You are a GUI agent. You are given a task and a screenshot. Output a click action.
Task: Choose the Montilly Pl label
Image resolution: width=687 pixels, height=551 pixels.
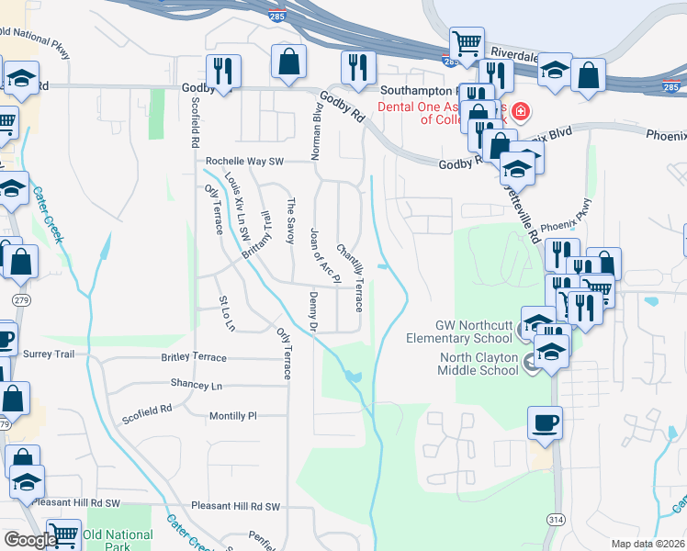tap(232, 416)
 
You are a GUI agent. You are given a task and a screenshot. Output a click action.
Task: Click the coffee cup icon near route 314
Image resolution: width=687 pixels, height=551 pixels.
tap(545, 423)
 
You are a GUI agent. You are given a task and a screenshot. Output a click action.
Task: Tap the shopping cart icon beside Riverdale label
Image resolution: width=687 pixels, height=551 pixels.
tap(467, 42)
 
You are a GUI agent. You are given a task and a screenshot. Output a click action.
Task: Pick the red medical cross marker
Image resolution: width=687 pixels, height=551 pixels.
tap(521, 112)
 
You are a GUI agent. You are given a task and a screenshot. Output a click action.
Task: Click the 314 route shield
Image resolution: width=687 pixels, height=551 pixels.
tap(555, 520)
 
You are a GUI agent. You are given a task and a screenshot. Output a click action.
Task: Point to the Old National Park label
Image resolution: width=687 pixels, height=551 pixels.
tap(118, 540)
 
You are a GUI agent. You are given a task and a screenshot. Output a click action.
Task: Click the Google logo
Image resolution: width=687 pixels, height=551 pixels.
tap(29, 540)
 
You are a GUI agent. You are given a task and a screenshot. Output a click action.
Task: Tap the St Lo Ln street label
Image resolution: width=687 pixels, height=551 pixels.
tap(227, 313)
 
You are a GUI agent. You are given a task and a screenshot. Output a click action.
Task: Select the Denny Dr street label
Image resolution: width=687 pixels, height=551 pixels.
tap(313, 312)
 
